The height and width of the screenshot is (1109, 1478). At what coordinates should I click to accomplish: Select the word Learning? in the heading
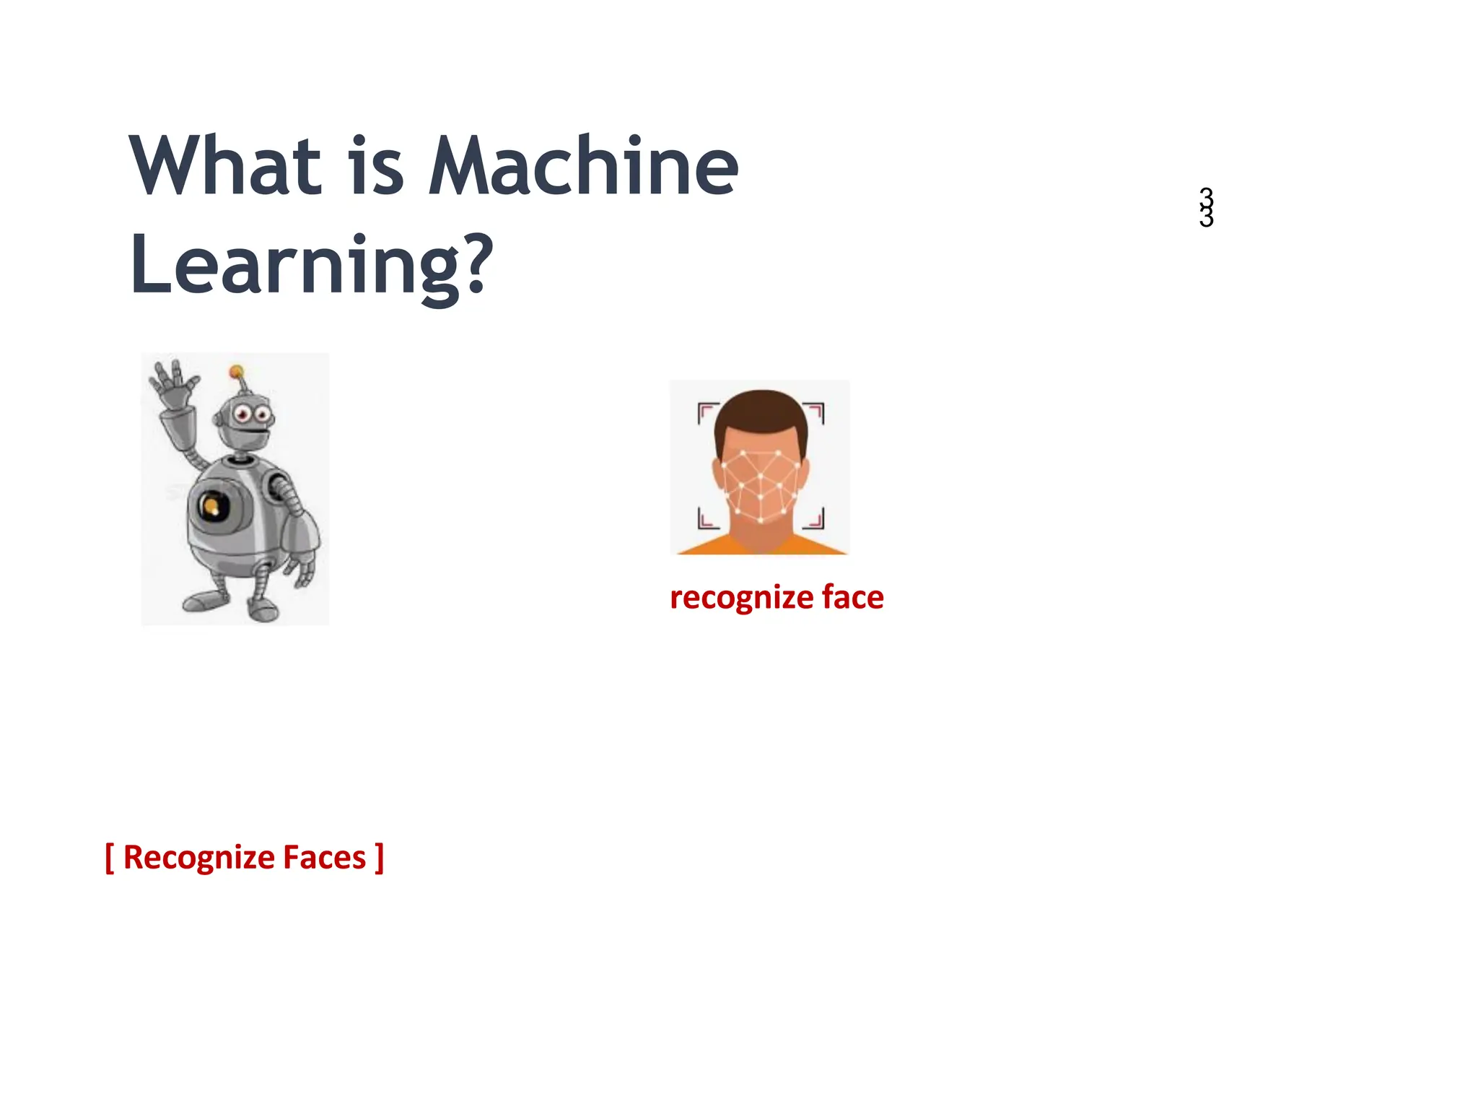coord(311,266)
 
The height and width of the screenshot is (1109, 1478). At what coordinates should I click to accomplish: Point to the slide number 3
coord(1206,207)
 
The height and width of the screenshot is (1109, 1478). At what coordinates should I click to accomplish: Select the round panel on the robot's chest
coord(214,507)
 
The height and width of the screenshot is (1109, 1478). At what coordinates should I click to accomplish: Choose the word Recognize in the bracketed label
coord(198,858)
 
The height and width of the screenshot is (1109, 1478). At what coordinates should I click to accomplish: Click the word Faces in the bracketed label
coord(324,858)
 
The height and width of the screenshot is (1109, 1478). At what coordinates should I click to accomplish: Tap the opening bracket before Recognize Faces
coord(110,858)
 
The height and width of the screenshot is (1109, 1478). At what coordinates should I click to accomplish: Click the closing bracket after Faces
coord(379,858)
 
